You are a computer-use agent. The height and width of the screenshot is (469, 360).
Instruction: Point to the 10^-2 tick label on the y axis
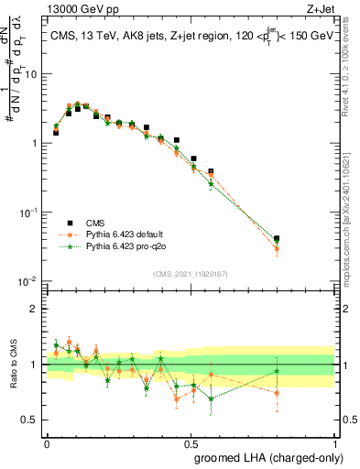click(29, 280)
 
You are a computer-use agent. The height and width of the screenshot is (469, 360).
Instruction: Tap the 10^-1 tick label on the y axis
click(29, 212)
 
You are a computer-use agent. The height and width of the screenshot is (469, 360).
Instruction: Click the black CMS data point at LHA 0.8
click(277, 238)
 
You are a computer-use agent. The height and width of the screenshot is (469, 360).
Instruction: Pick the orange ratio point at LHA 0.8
click(277, 393)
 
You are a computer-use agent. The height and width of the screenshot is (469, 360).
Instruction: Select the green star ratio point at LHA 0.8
click(277, 371)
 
